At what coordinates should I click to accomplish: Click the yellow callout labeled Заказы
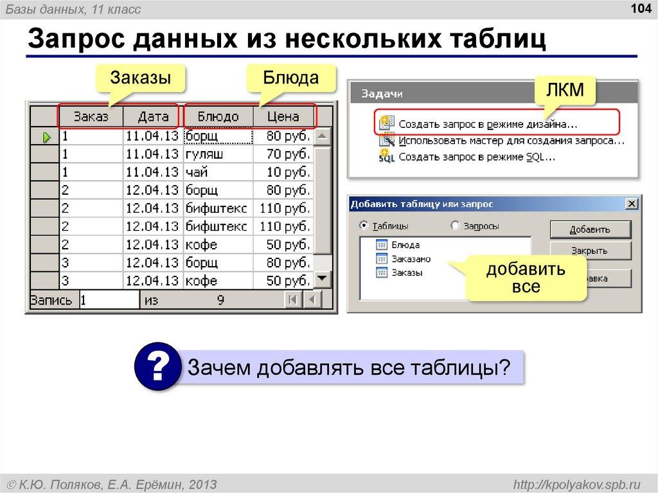pyautogui.click(x=140, y=78)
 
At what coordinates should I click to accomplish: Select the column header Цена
pyautogui.click(x=283, y=117)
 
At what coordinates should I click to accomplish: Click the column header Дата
pyautogui.click(x=152, y=117)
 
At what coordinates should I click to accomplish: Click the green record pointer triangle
pyautogui.click(x=46, y=137)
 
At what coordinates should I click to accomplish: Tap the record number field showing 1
pyautogui.click(x=109, y=299)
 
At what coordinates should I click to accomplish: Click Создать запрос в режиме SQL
pyautogui.click(x=477, y=156)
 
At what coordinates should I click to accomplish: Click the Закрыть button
pyautogui.click(x=591, y=251)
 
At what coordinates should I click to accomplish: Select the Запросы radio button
pyautogui.click(x=456, y=226)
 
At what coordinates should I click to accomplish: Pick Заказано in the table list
pyautogui.click(x=411, y=259)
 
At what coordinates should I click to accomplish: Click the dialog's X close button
pyautogui.click(x=632, y=204)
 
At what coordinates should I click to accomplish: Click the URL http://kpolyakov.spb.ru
pyautogui.click(x=573, y=483)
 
